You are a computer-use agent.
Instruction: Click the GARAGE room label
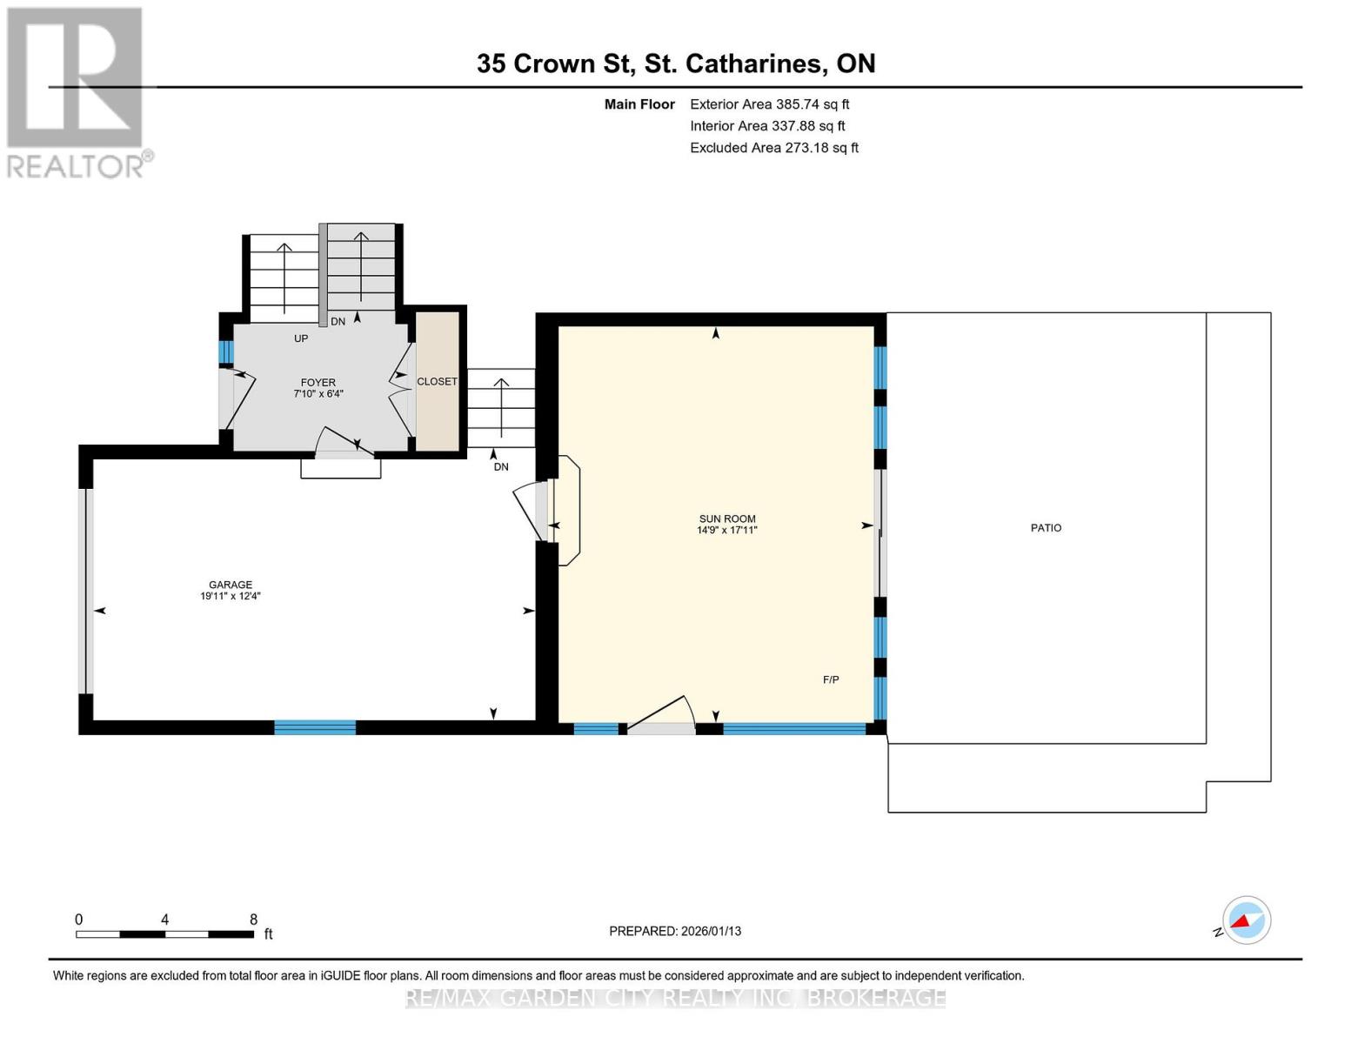click(x=230, y=585)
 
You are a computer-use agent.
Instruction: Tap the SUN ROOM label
click(x=727, y=519)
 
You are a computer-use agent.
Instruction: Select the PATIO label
click(x=1046, y=528)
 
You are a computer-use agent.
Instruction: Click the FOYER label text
click(x=318, y=383)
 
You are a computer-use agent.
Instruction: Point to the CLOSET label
click(x=437, y=382)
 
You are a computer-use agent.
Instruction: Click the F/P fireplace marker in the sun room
click(x=831, y=679)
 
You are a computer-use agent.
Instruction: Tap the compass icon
click(x=1246, y=920)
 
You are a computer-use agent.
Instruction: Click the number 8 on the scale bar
click(x=253, y=920)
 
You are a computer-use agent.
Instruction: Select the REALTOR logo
click(x=77, y=91)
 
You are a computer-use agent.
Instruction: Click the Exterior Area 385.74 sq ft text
click(x=769, y=104)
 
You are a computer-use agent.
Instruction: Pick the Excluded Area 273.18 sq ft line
click(x=773, y=148)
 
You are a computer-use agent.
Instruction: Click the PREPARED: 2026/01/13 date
click(x=675, y=931)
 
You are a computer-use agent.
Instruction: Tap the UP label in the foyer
click(x=301, y=338)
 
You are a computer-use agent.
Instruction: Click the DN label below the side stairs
click(x=501, y=467)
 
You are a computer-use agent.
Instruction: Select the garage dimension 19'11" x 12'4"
click(x=230, y=597)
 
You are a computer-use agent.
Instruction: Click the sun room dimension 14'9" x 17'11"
click(x=727, y=530)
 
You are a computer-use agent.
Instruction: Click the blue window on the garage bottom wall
click(x=315, y=727)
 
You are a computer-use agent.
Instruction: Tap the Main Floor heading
click(x=639, y=104)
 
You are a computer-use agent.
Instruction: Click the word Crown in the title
click(x=554, y=64)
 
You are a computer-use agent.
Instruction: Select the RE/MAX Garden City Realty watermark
click(x=675, y=998)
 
